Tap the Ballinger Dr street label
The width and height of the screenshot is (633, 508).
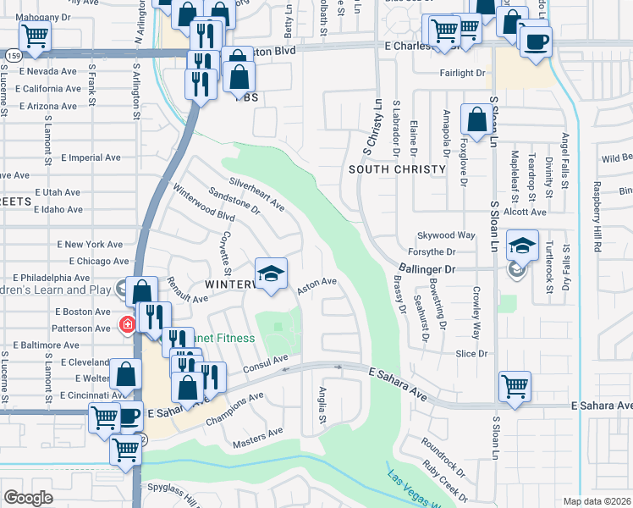click(427, 269)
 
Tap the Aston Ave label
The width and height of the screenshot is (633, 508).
click(317, 285)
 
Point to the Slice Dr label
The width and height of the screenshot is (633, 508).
click(472, 353)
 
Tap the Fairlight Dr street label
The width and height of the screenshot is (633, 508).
click(462, 73)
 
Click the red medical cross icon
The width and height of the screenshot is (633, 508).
click(127, 324)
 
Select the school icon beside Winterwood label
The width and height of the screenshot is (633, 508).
click(271, 273)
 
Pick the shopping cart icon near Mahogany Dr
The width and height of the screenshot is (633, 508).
click(34, 36)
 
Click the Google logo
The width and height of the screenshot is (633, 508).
click(28, 497)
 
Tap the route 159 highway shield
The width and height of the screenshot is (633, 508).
click(13, 55)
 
